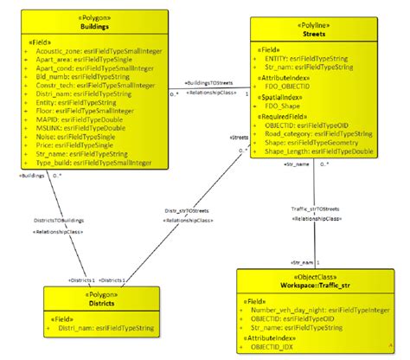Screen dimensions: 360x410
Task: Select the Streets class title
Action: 313,36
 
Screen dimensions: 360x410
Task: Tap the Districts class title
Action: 88,305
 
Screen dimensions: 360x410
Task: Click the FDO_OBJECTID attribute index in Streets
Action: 290,87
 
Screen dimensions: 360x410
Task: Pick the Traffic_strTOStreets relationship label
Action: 315,208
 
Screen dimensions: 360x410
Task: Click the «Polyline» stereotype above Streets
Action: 313,26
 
